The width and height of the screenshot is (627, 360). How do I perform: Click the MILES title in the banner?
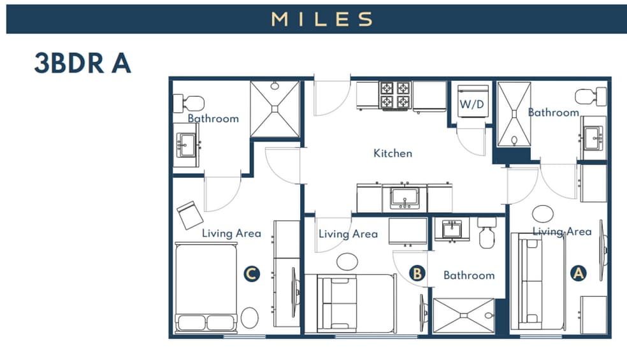[322, 19]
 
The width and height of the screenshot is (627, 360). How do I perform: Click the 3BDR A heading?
[82, 64]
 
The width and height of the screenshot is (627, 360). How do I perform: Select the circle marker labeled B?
[417, 273]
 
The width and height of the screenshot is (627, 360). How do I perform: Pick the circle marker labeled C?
[252, 274]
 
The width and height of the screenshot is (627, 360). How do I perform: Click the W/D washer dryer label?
[472, 104]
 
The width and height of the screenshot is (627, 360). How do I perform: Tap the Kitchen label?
[393, 153]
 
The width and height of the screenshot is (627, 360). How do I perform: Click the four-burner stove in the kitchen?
[395, 96]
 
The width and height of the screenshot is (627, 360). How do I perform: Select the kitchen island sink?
[404, 198]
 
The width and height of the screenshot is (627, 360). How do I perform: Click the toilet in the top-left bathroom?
[189, 102]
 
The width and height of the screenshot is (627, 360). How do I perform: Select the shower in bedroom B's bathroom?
[463, 315]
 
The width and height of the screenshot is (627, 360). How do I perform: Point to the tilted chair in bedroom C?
[190, 215]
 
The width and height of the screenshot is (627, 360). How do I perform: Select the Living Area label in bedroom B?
[348, 234]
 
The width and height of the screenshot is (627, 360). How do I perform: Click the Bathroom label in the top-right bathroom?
[553, 112]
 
